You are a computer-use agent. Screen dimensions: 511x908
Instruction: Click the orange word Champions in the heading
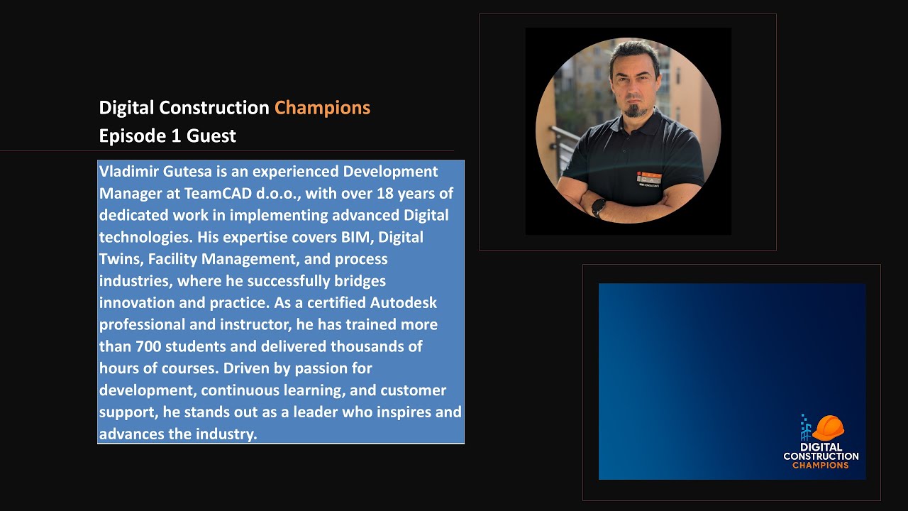tap(322, 108)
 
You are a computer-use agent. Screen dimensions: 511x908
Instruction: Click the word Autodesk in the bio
tap(403, 302)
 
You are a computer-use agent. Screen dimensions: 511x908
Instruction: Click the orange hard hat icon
tap(828, 428)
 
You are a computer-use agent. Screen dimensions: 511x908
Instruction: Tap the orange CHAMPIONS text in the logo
tap(820, 466)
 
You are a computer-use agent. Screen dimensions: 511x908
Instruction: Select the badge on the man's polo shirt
tap(648, 177)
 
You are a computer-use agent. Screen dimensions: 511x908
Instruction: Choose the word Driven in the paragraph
tap(249, 368)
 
